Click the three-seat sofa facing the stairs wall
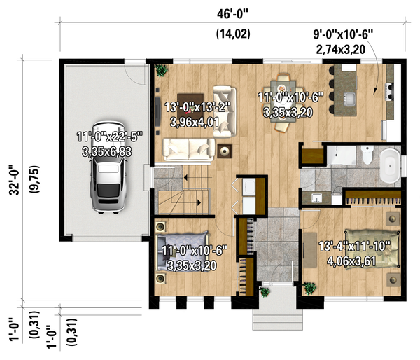click(x=188, y=148)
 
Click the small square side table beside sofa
click(x=225, y=149)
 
